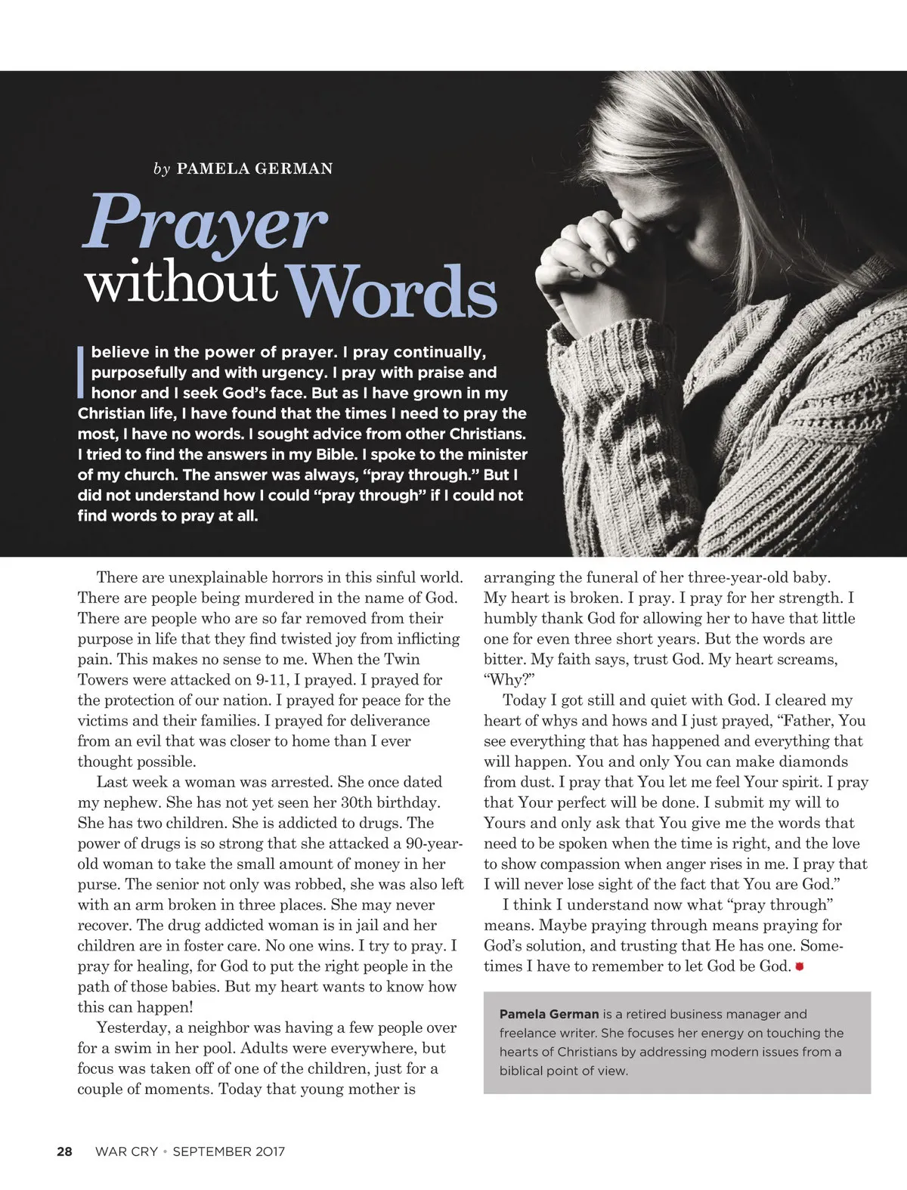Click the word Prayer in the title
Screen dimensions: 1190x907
(204, 224)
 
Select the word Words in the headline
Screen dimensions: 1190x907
(394, 291)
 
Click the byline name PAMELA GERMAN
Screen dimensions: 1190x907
(254, 168)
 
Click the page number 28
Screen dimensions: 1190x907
(64, 1151)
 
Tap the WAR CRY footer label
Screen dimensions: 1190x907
(126, 1151)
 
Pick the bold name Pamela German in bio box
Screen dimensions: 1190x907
(549, 1014)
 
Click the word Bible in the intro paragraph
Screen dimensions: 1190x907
(334, 455)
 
